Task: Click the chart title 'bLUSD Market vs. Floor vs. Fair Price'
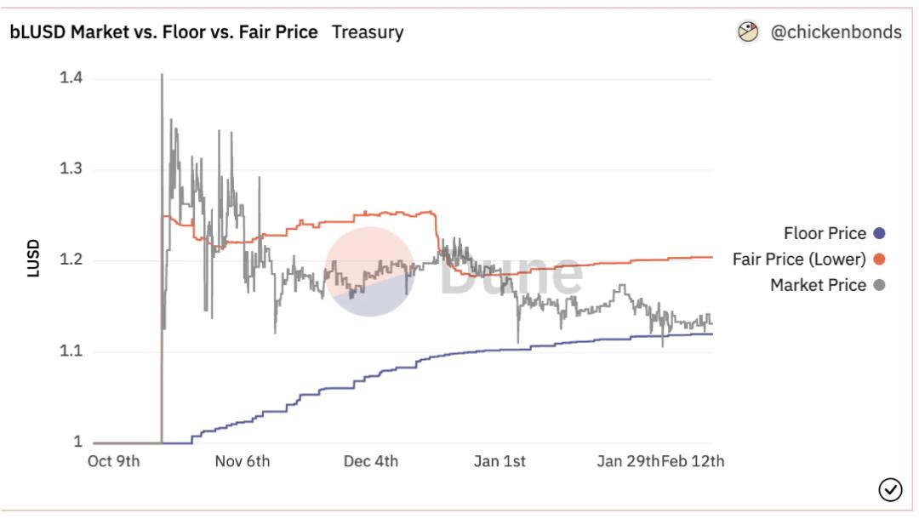(164, 32)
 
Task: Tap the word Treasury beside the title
(368, 32)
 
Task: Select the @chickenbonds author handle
(836, 32)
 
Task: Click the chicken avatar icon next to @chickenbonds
(748, 32)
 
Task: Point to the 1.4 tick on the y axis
(71, 78)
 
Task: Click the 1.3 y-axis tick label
(71, 169)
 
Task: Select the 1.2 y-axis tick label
(71, 260)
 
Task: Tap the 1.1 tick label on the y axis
(71, 351)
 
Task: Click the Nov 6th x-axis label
(243, 462)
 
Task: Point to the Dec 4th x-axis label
(370, 462)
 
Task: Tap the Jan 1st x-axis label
(499, 462)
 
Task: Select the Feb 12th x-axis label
(693, 462)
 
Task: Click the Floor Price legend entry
(825, 234)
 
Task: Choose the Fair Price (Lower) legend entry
(799, 259)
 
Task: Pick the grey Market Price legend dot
(880, 285)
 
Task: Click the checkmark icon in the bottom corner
(890, 490)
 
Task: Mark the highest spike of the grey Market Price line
(162, 76)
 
